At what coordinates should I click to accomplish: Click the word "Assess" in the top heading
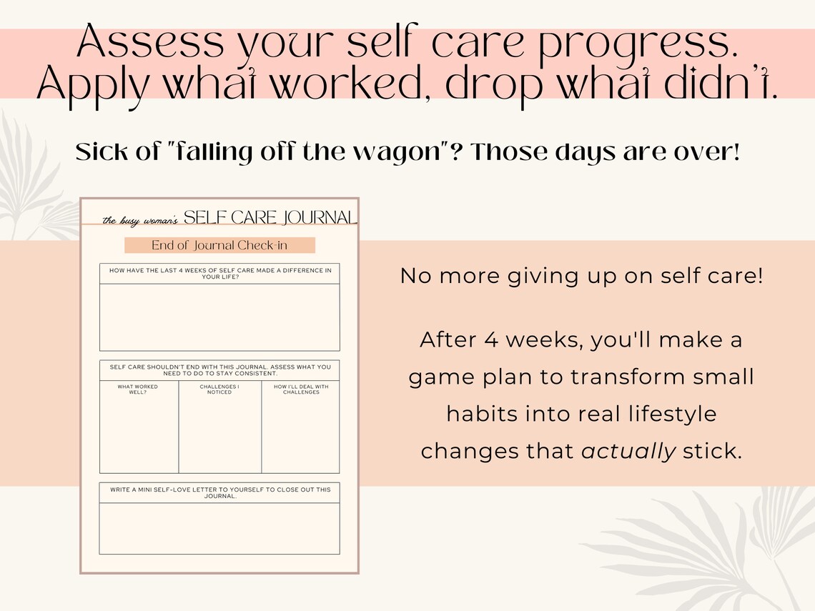click(x=144, y=44)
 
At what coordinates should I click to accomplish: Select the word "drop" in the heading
click(x=489, y=86)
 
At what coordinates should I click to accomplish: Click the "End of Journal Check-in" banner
click(x=219, y=245)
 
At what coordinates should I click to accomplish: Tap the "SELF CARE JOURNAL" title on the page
click(x=270, y=217)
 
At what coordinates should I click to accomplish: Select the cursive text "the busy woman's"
click(x=140, y=220)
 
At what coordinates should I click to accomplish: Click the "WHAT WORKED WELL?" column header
click(x=138, y=389)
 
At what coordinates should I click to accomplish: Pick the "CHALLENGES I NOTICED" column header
click(x=219, y=389)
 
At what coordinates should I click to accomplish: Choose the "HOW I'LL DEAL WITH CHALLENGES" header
click(x=301, y=389)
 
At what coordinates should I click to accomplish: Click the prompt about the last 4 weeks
click(x=219, y=273)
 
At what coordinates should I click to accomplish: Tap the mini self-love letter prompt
click(x=219, y=492)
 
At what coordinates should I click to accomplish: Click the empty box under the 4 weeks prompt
click(x=219, y=317)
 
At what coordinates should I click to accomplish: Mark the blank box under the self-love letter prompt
click(x=219, y=529)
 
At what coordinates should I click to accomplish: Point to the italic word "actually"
click(x=628, y=451)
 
